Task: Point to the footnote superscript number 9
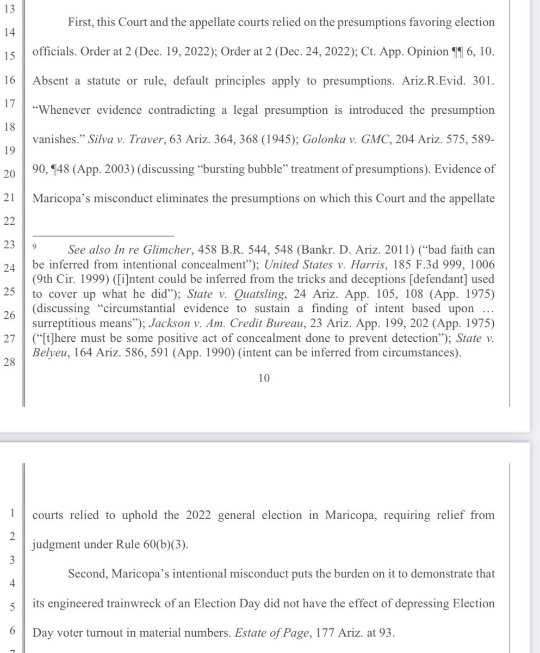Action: tap(34, 247)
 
